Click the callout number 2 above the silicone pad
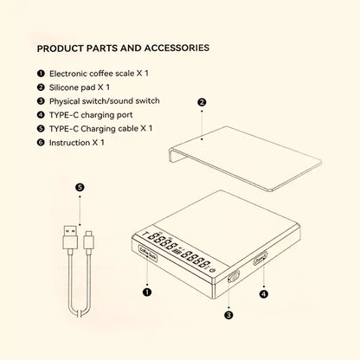pos(202,103)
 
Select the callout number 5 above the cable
pos(80,186)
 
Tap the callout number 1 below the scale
pos(147,292)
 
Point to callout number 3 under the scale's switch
pos(228,315)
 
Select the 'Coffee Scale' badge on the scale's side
pos(145,254)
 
